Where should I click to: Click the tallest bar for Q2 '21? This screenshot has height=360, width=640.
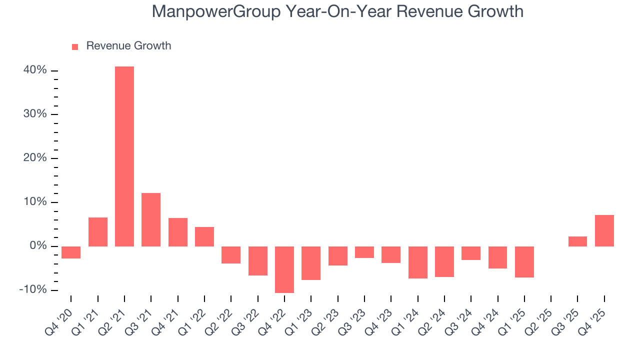pyautogui.click(x=124, y=156)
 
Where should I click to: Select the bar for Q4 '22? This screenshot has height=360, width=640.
pyautogui.click(x=284, y=269)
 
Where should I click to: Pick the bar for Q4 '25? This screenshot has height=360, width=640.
pyautogui.click(x=604, y=230)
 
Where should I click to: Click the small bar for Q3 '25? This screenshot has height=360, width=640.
pyautogui.click(x=577, y=241)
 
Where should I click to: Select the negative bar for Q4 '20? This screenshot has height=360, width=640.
pyautogui.click(x=71, y=252)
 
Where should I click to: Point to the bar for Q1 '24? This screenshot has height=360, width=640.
pyautogui.click(x=417, y=262)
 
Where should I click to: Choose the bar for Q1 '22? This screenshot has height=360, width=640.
pyautogui.click(x=204, y=236)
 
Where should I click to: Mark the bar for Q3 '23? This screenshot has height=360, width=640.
pyautogui.click(x=364, y=252)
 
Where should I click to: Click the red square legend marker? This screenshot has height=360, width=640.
pyautogui.click(x=75, y=46)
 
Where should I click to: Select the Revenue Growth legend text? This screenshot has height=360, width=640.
pyautogui.click(x=128, y=46)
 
